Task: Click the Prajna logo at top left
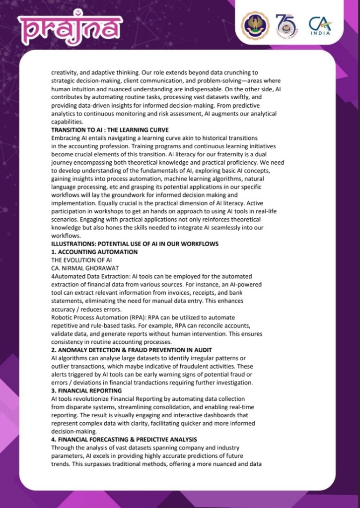pyautogui.click(x=70, y=28)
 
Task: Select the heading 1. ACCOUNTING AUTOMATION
pyautogui.click(x=94, y=252)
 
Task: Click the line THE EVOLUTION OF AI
pyautogui.click(x=81, y=260)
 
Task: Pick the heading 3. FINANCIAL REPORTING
pyautogui.click(x=86, y=391)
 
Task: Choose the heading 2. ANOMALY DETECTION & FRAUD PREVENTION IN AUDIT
pyautogui.click(x=140, y=350)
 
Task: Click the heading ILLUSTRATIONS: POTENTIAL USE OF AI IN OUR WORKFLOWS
pyautogui.click(x=135, y=244)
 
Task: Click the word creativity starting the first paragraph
pyautogui.click(x=65, y=72)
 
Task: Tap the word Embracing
pyautogui.click(x=67, y=138)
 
